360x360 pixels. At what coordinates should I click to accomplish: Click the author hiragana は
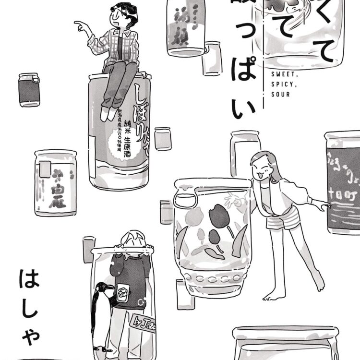point(32,279)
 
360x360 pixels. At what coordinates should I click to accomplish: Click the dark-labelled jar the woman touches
point(343,182)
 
